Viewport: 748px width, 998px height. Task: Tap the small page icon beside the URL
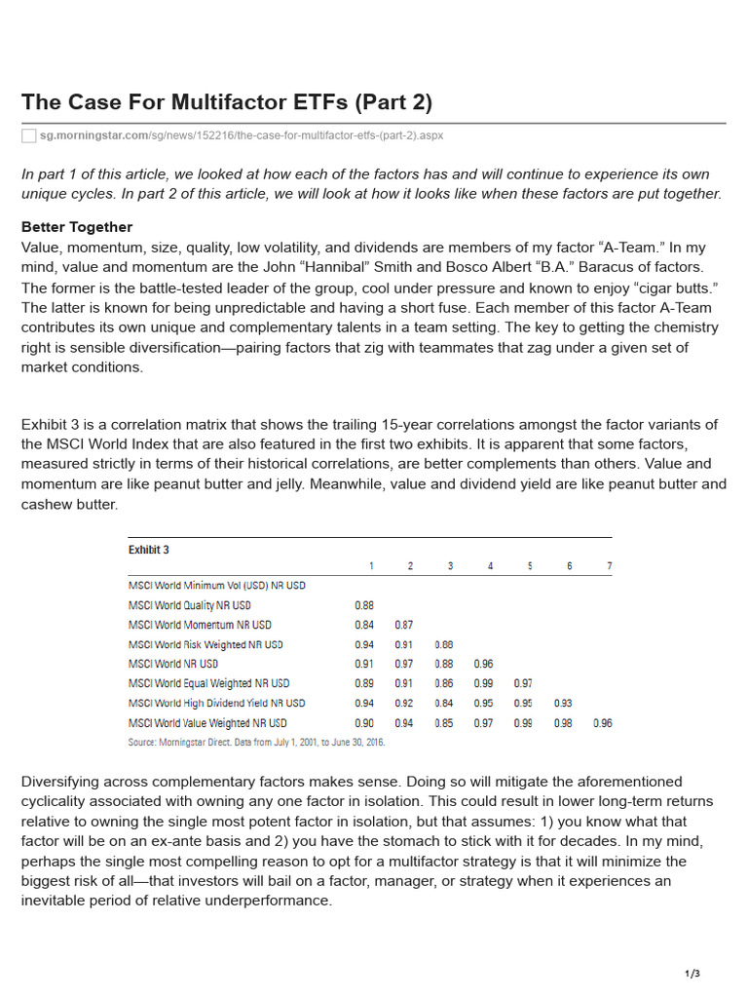pos(29,135)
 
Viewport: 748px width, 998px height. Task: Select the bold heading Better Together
pos(77,227)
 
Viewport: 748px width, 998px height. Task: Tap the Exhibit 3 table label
pos(149,550)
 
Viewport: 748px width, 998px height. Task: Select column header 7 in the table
pos(609,566)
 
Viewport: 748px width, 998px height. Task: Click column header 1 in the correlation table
pos(370,566)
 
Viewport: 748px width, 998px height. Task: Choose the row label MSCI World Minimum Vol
pos(216,586)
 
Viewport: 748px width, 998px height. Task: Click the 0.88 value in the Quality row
pos(364,605)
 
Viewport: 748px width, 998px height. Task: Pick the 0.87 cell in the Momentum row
pos(404,625)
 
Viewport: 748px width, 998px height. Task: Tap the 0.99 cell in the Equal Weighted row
pos(483,683)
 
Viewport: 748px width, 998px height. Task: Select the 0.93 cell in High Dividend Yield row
pos(563,703)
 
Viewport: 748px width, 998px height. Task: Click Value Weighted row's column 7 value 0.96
pos(602,723)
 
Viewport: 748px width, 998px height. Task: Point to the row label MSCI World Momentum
pos(200,625)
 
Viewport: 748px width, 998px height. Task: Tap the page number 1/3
pos(692,974)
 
